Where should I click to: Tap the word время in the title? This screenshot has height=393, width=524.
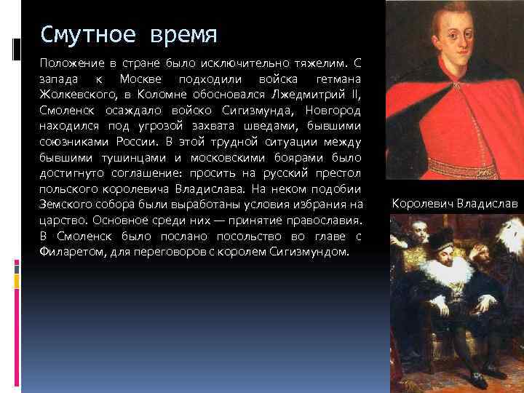pos(180,35)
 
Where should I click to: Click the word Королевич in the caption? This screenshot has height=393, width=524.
pos(421,202)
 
